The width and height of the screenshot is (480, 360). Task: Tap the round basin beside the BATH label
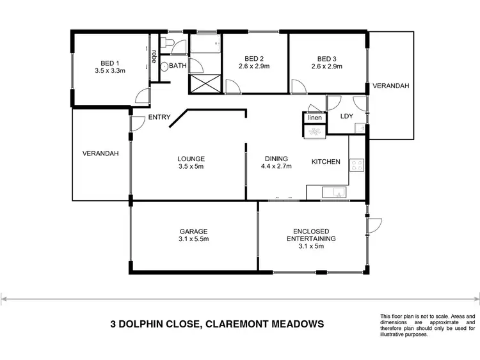pos(164,66)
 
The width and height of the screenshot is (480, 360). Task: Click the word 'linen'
pos(314,118)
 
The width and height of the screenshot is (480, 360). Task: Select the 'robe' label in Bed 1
pos(154,56)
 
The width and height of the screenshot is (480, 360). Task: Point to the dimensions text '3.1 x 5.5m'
pos(193,239)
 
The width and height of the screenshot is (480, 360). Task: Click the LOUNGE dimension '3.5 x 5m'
pos(191,167)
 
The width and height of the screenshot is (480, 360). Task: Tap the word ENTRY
pos(159,117)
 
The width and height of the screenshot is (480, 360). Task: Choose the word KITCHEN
pos(326,162)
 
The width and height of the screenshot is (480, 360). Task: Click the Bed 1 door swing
pos(143,96)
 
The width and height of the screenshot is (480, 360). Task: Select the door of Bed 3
pos(297,87)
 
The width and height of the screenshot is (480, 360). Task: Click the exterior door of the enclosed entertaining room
pos(374,225)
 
